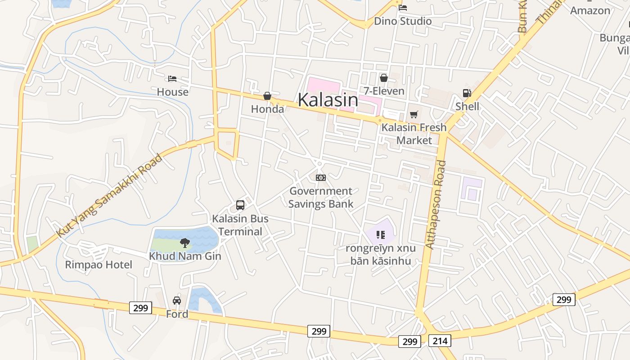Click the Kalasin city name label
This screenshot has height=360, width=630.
click(x=328, y=100)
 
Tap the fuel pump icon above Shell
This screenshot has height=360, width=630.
click(x=467, y=93)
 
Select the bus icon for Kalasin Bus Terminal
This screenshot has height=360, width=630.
click(x=240, y=205)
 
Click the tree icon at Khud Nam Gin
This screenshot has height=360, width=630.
click(x=184, y=243)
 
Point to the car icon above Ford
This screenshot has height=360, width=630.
click(x=177, y=300)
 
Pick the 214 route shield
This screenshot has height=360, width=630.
click(x=440, y=341)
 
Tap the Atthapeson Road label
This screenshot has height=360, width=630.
click(x=436, y=205)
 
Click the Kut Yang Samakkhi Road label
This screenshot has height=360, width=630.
click(x=109, y=196)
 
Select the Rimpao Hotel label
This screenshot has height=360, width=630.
click(x=99, y=265)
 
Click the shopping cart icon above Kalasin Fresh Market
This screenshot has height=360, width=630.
click(x=414, y=114)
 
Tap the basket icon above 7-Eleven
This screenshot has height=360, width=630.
click(x=383, y=78)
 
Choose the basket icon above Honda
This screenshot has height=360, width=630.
click(x=267, y=96)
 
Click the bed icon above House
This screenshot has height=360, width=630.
click(x=172, y=79)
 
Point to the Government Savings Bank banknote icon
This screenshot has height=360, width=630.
click(x=320, y=178)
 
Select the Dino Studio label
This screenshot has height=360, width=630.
click(x=403, y=21)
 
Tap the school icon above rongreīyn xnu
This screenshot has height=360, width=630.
click(x=381, y=234)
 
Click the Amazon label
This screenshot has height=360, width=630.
click(x=590, y=10)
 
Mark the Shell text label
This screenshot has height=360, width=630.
click(x=467, y=106)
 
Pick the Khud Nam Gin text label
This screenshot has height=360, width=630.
click(x=185, y=256)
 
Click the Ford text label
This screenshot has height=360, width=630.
click(x=177, y=314)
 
